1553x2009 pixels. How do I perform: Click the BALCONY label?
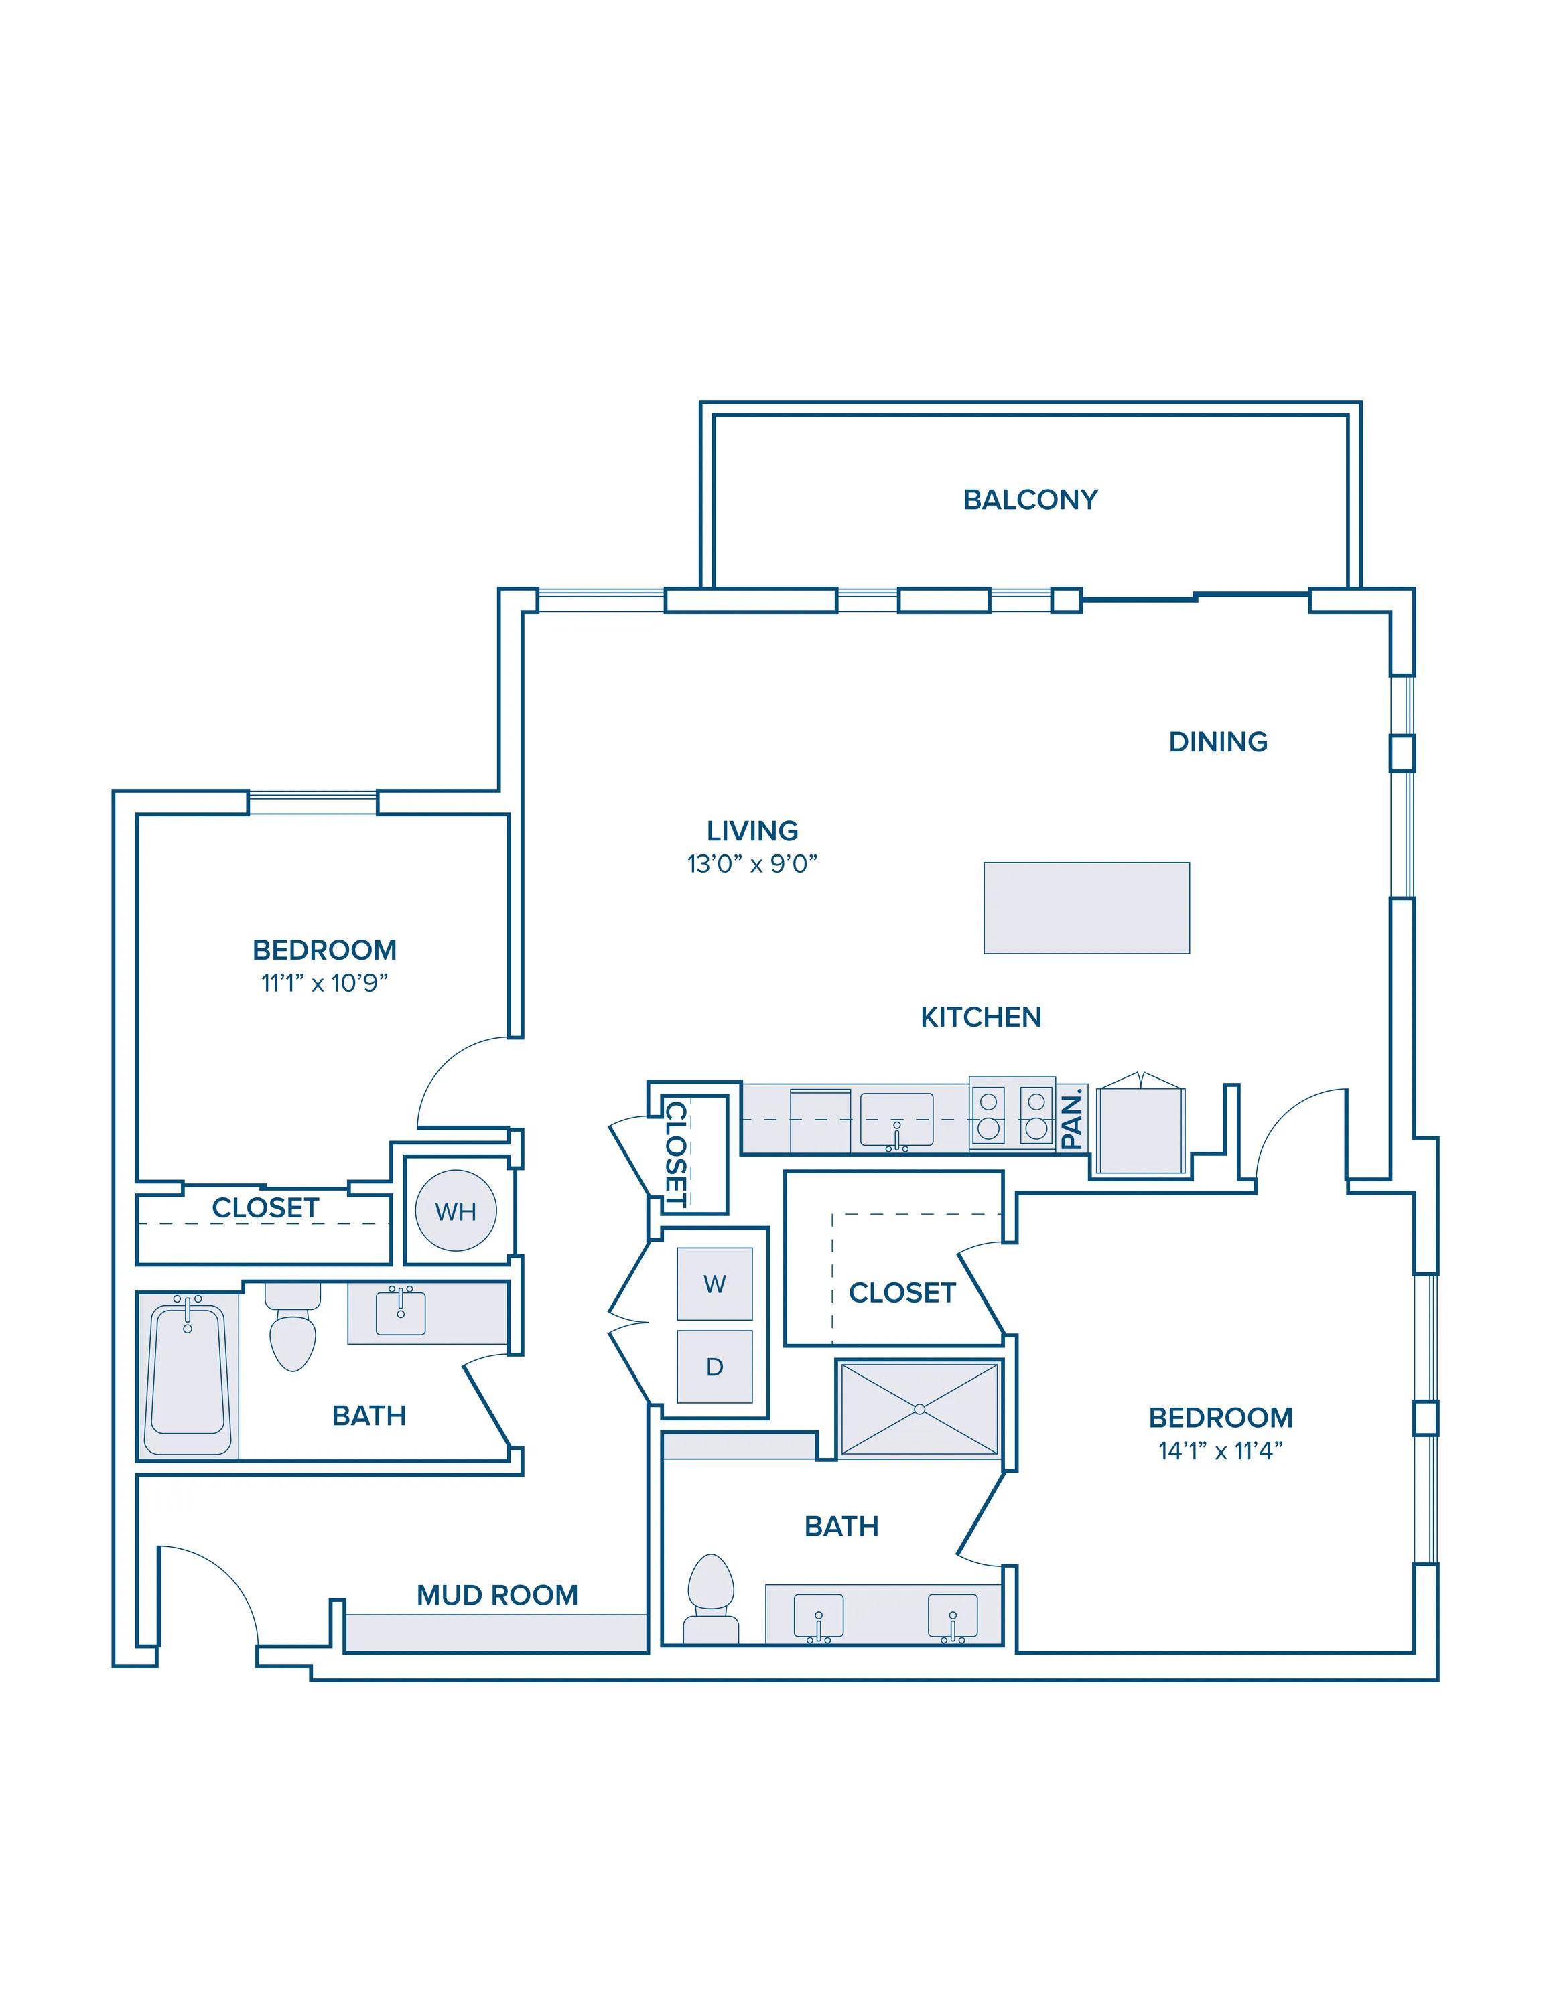(x=1030, y=500)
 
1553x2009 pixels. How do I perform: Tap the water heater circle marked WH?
(x=456, y=1211)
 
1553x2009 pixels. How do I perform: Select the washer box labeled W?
(x=715, y=1284)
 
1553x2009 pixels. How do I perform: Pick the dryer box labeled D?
(x=715, y=1366)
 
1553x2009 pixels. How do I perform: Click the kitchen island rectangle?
(x=1087, y=908)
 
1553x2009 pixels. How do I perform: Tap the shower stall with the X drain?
(x=920, y=1409)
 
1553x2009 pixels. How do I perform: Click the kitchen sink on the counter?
(x=897, y=1121)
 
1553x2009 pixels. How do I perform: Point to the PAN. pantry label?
(x=1072, y=1118)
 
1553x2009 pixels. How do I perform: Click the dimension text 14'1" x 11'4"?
(x=1220, y=1450)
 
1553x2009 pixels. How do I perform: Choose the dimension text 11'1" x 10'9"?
(x=325, y=982)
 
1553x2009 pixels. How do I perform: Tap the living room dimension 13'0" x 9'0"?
(x=752, y=864)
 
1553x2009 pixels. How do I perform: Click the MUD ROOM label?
(x=498, y=1595)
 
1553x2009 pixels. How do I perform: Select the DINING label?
(x=1218, y=741)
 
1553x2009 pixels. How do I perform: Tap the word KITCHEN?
(x=981, y=1017)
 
